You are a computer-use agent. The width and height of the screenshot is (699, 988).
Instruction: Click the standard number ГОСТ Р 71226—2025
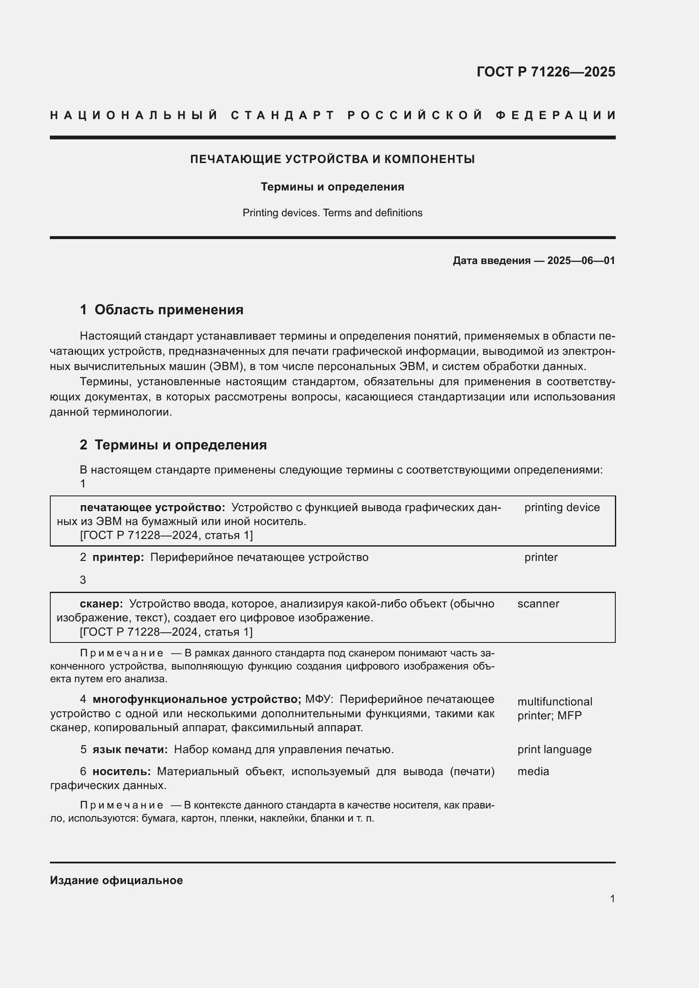tap(545, 72)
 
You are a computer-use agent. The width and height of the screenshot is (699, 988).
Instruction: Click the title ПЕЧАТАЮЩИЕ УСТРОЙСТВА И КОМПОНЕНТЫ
tap(332, 159)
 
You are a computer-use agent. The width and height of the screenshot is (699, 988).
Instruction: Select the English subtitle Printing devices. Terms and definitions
tap(332, 213)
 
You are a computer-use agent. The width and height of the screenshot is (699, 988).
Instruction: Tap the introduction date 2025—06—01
tap(581, 261)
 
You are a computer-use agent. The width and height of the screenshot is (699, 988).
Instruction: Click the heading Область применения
tap(169, 310)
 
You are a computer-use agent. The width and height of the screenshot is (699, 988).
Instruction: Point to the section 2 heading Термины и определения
tap(180, 445)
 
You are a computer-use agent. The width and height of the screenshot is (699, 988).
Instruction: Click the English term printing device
tap(562, 507)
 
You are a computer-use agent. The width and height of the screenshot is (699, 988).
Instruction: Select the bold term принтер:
tap(118, 557)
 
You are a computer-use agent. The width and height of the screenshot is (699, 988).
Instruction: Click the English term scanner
tap(538, 604)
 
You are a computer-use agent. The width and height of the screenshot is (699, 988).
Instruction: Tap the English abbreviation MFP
tap(569, 716)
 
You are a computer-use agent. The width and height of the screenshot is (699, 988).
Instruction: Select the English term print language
tap(554, 750)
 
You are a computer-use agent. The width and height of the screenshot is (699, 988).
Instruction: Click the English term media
tap(533, 772)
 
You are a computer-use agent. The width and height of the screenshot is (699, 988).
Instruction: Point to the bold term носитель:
tap(121, 772)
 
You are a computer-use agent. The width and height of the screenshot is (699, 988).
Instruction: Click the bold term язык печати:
tap(130, 750)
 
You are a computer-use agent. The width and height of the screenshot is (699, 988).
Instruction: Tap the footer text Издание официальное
tap(116, 880)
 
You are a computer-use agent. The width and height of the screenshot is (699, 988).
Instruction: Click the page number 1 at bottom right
tap(612, 899)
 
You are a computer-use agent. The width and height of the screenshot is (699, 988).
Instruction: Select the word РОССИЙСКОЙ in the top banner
tap(415, 115)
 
